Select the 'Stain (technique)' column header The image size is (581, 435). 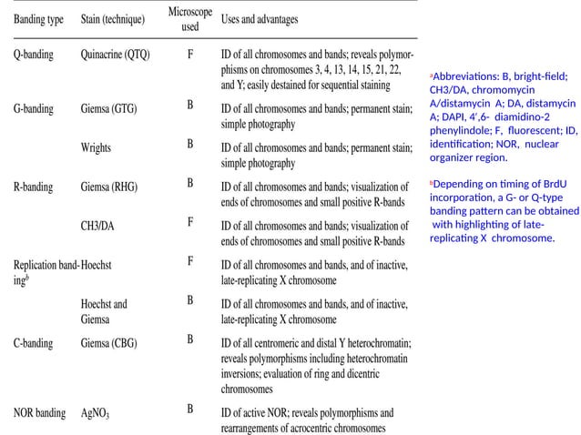[x=115, y=19]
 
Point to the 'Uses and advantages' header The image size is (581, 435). [x=260, y=19]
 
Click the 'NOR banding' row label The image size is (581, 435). [x=38, y=413]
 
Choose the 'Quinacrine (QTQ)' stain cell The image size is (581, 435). [x=115, y=55]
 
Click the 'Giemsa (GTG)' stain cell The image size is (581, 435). [x=109, y=108]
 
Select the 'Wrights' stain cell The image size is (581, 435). [x=97, y=147]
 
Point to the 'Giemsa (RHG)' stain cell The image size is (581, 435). [x=109, y=187]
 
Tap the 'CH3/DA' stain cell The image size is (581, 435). [x=98, y=226]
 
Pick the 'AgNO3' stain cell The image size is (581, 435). [x=95, y=414]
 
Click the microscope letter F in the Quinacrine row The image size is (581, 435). [x=189, y=53]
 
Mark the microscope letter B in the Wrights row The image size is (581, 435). [x=189, y=144]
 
